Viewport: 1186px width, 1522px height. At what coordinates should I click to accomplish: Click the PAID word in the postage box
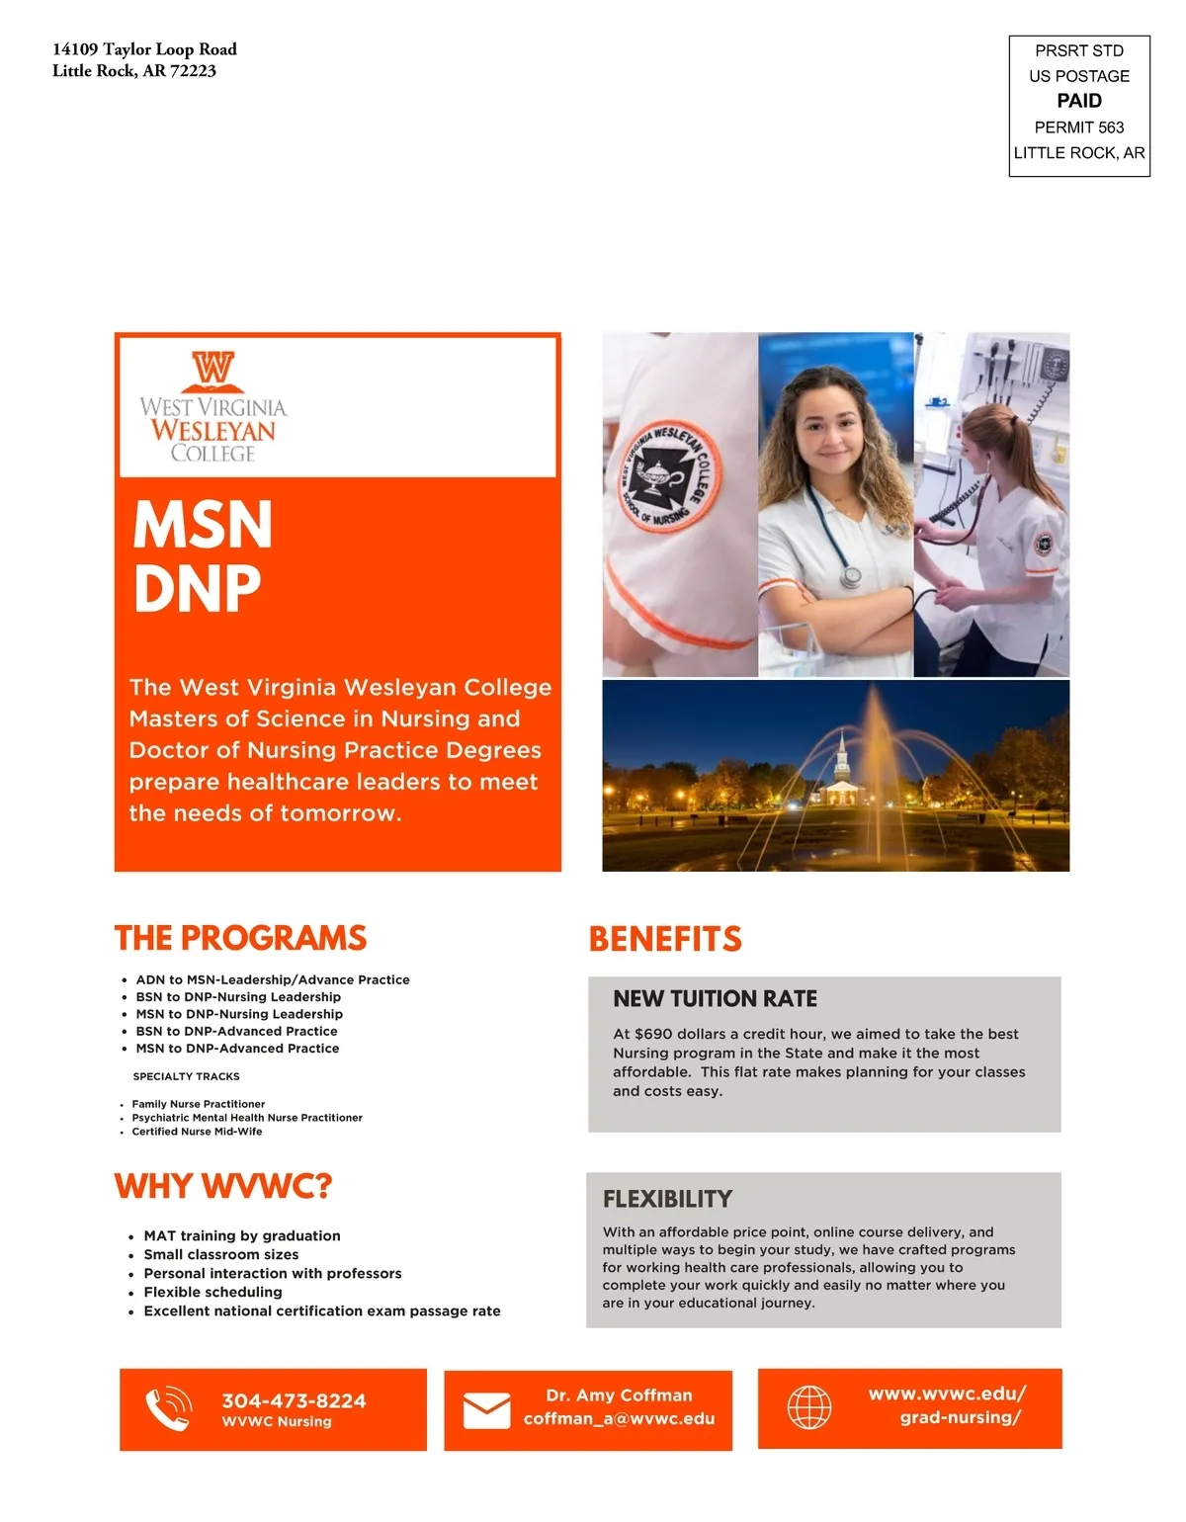click(1079, 101)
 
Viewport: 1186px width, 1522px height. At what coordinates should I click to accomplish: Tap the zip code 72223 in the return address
click(193, 71)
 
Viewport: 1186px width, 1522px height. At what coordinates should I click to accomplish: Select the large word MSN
click(203, 524)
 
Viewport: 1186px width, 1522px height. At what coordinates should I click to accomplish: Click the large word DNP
click(198, 589)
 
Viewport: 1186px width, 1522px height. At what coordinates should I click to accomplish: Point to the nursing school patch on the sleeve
click(670, 476)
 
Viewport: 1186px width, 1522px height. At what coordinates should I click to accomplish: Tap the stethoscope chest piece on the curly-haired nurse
click(851, 576)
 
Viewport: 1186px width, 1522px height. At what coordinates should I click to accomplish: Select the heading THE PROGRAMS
click(240, 937)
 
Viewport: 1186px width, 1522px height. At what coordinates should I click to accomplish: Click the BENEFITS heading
click(665, 939)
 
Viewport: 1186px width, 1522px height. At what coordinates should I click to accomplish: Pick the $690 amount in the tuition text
click(653, 1034)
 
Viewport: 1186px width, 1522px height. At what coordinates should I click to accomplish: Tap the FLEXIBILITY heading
click(668, 1199)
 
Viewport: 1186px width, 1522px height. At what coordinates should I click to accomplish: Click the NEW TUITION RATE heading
click(716, 999)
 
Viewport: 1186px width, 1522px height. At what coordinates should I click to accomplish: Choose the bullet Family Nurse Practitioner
click(199, 1104)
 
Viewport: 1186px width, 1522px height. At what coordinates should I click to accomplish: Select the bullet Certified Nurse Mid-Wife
click(198, 1132)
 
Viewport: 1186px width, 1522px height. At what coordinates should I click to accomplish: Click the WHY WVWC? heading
click(223, 1186)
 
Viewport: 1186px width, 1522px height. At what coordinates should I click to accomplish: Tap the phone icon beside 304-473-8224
click(168, 1408)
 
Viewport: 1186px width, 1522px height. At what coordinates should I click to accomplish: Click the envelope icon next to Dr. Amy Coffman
click(487, 1410)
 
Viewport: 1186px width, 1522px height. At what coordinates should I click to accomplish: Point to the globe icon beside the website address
click(809, 1406)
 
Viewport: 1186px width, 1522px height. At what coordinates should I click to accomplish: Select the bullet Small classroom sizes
click(221, 1254)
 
